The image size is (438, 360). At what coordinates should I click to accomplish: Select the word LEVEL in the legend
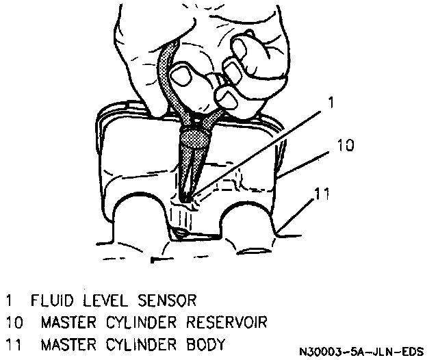point(104,300)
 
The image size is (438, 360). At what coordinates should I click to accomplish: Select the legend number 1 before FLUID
point(9,300)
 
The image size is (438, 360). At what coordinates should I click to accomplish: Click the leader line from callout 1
point(260,151)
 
